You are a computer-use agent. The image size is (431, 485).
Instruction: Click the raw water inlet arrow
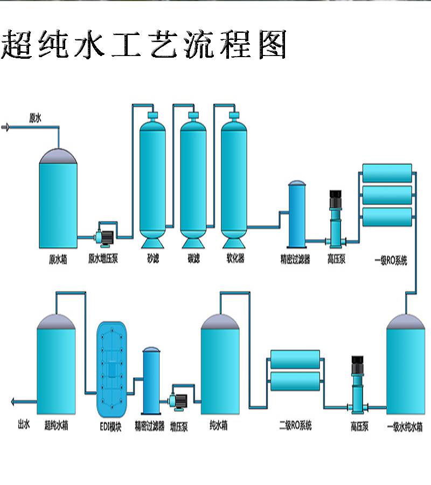coord(5,127)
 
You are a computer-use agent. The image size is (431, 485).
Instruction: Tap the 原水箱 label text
coord(58,259)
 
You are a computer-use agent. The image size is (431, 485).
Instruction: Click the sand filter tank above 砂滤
coord(152,180)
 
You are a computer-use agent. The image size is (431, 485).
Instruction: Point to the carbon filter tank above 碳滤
coord(193,180)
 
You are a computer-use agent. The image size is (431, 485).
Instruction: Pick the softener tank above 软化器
coord(234,180)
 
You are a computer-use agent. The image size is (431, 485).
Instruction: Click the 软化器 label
coord(235,258)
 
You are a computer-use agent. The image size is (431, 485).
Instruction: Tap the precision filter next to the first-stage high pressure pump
coord(297,214)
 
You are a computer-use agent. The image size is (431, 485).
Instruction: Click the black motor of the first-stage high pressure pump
coord(336,198)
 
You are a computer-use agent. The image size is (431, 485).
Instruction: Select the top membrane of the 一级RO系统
coord(387,173)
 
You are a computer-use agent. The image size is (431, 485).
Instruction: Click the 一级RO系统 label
coord(391,260)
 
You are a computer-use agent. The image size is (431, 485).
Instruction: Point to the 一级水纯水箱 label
coord(405,427)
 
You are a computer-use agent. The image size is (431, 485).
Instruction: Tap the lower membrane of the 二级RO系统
coord(295,382)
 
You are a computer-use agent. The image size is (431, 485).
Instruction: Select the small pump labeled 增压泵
coord(178,401)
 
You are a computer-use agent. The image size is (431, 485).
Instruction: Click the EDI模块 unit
coord(112,369)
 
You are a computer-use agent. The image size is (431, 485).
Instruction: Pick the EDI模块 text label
coord(110,427)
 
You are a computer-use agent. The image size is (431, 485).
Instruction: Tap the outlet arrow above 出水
coord(24,402)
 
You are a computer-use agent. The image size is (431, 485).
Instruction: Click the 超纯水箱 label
coord(56,426)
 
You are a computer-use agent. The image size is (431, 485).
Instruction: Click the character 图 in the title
coord(273,45)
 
